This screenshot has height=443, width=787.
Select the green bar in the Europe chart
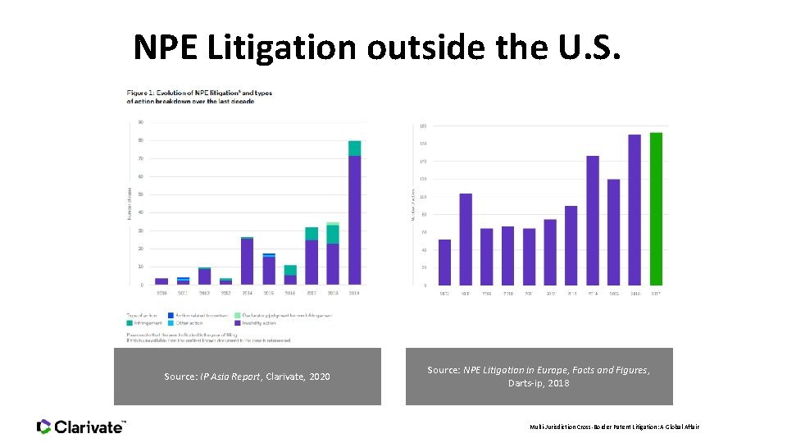pyautogui.click(x=656, y=208)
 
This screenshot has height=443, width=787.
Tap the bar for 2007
pyautogui.click(x=444, y=262)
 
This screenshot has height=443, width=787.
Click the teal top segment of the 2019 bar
pyautogui.click(x=354, y=148)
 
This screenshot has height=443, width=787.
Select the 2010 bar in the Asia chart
pyautogui.click(x=161, y=281)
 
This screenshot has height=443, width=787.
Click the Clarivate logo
pyautogui.click(x=81, y=427)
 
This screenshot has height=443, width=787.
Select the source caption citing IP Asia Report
pyautogui.click(x=247, y=377)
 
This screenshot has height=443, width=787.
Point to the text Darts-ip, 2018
pyautogui.click(x=539, y=383)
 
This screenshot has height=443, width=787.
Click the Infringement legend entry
pyautogui.click(x=148, y=323)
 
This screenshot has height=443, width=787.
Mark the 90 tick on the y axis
pyautogui.click(x=141, y=122)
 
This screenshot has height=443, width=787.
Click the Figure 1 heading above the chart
pyautogui.click(x=199, y=97)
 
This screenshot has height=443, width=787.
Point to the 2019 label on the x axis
pyautogui.click(x=354, y=293)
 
